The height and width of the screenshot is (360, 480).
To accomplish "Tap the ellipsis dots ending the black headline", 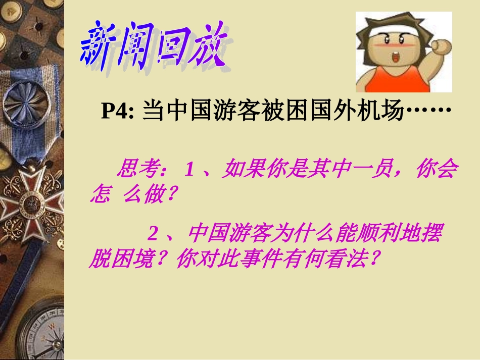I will pyautogui.click(x=429, y=111).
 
